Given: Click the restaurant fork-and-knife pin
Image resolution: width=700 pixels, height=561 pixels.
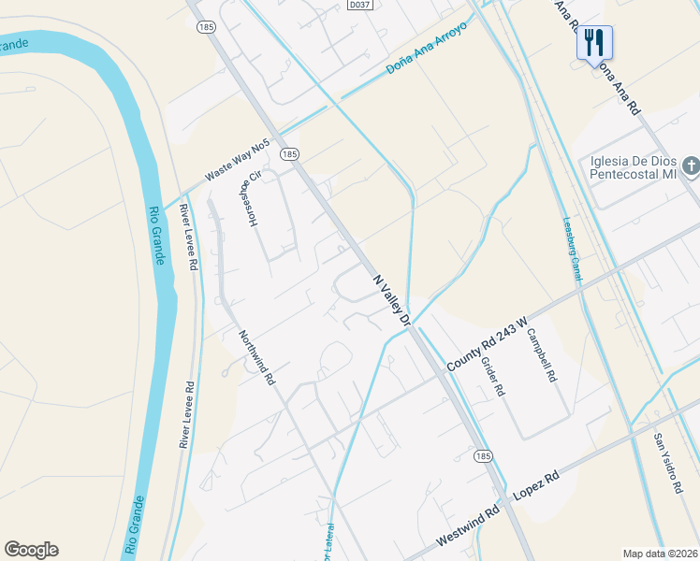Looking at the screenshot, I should (594, 43).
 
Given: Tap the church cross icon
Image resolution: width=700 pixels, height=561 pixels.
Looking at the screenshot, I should (691, 166).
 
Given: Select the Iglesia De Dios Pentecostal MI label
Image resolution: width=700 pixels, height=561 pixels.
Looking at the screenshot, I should (633, 166).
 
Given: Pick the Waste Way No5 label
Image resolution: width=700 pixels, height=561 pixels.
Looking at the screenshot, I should (238, 160).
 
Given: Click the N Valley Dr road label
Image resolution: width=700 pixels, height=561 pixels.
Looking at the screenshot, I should (393, 299).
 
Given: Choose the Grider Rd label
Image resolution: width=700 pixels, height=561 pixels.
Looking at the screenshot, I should (493, 379).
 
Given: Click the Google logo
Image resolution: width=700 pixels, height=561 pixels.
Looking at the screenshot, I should (32, 550).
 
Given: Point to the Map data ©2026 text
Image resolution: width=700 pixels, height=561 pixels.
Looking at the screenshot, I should (660, 554).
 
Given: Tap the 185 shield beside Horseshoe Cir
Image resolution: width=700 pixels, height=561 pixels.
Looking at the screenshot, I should (290, 153).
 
